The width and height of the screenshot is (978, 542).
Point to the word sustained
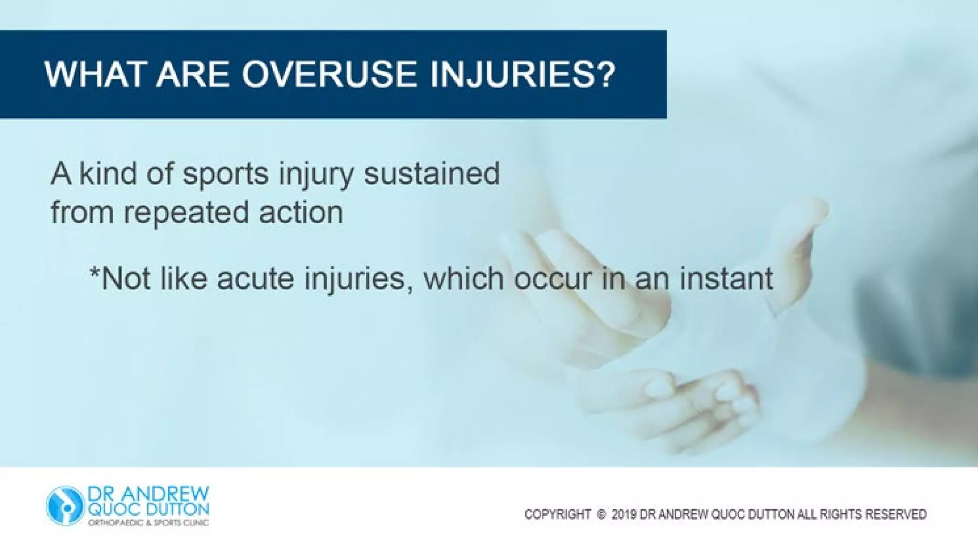[432, 174]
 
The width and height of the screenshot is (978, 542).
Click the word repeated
[186, 213]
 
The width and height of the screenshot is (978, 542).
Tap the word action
[301, 212]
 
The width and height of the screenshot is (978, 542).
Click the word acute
[255, 279]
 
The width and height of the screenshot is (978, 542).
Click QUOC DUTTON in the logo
[148, 509]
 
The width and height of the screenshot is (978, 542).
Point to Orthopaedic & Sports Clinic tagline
[148, 523]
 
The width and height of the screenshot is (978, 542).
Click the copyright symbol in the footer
[601, 514]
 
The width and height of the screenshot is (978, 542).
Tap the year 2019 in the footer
[624, 514]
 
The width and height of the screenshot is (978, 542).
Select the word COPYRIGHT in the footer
[557, 514]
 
